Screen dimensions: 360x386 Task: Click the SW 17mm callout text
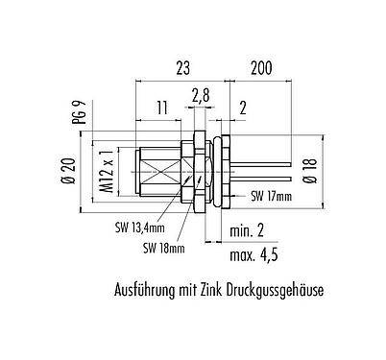tap(270, 196)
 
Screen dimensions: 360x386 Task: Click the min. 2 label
tap(247, 231)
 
